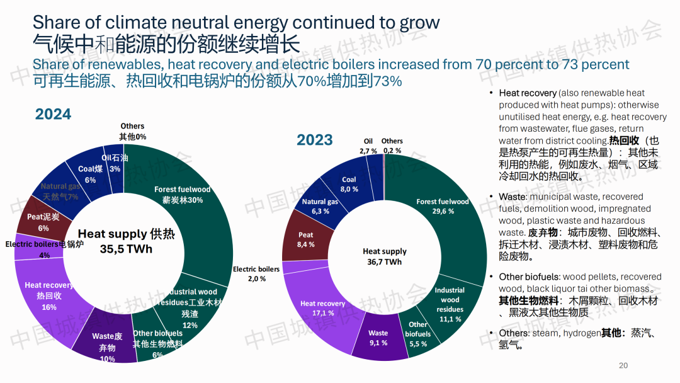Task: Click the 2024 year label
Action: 53,114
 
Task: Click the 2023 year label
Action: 314,140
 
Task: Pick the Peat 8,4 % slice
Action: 306,239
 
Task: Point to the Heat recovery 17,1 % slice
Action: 322,307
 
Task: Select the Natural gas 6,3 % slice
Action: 320,206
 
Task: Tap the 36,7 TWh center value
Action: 384,261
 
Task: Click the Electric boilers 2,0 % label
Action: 256,273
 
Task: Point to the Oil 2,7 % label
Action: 368,146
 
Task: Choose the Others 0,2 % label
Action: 392,146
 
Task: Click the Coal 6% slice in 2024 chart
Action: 90,174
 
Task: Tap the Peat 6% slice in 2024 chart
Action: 43,222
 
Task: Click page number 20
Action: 623,365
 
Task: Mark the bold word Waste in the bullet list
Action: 511,197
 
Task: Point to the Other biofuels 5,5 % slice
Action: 418,329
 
